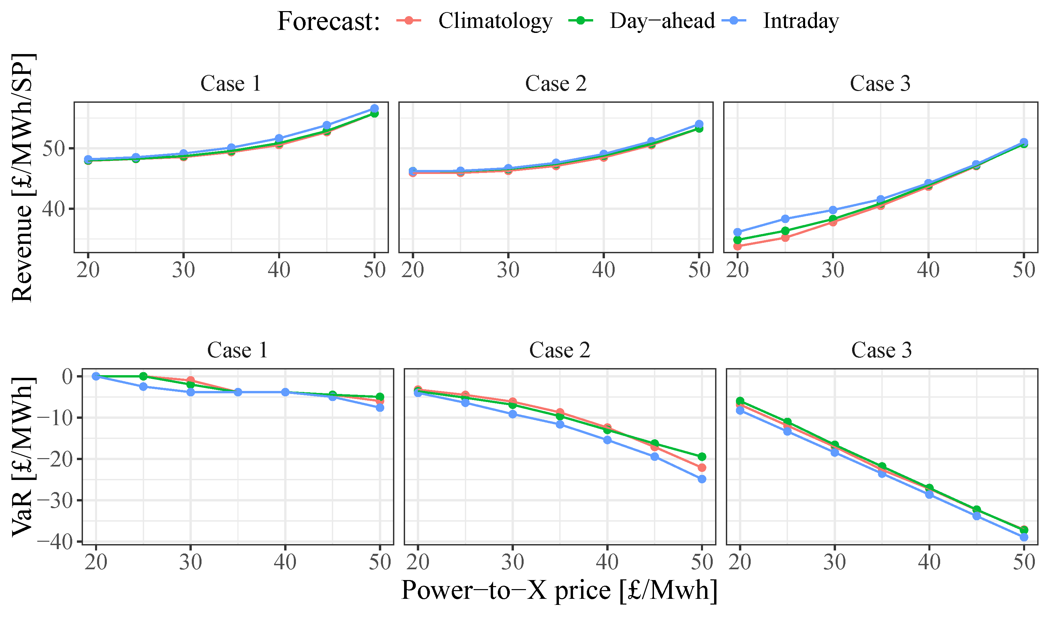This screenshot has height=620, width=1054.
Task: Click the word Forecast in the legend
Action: click(x=328, y=22)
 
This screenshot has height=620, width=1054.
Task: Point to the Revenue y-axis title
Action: click(x=22, y=178)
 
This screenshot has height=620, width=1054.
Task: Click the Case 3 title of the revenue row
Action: click(x=880, y=84)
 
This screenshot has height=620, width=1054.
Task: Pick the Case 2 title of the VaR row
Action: click(x=559, y=350)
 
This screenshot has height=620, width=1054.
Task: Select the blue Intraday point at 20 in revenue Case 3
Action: click(x=737, y=232)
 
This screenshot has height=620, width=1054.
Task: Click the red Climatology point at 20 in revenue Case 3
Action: click(x=737, y=247)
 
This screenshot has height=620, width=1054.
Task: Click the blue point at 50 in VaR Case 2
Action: click(x=702, y=479)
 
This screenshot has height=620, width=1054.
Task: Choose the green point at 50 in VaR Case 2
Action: click(x=702, y=456)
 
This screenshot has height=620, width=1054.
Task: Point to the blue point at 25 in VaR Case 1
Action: click(x=143, y=387)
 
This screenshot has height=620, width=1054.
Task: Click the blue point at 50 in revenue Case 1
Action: click(x=374, y=108)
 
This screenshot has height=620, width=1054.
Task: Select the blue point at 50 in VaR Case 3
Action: click(x=1024, y=537)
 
